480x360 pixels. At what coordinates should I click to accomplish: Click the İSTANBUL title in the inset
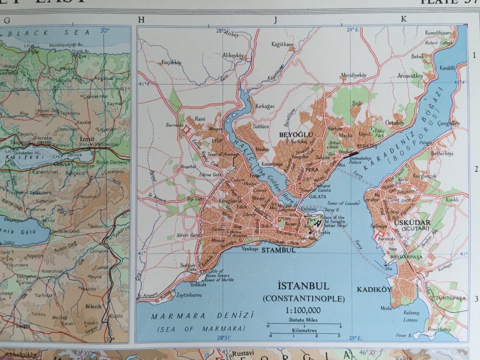[303, 286]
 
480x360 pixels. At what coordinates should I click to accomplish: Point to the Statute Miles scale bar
[303, 323]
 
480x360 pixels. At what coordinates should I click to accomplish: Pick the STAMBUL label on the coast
[279, 250]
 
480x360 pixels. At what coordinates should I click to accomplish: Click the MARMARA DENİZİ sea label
[203, 316]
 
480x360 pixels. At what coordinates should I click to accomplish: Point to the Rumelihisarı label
[438, 33]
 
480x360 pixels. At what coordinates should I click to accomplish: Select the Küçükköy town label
[171, 62]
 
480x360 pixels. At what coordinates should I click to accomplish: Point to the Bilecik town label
[93, 307]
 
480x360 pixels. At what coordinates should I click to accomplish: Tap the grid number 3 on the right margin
[475, 299]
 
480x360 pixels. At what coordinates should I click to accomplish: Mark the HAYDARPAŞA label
[394, 257]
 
